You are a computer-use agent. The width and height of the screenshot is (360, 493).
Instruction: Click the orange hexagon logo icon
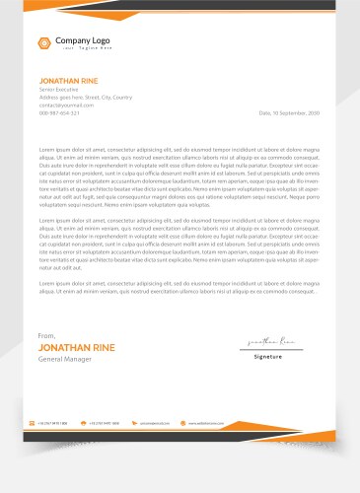(44, 41)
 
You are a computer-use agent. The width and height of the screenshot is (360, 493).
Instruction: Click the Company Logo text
(82, 39)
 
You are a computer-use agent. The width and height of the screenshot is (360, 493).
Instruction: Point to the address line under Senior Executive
(85, 97)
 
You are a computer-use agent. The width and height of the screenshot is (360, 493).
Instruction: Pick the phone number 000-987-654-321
(60, 112)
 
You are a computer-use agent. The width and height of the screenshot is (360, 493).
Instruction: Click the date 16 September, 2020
(289, 112)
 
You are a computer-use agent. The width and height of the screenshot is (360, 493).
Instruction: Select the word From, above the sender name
(47, 336)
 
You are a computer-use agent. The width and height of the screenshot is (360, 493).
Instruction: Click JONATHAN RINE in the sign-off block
(75, 348)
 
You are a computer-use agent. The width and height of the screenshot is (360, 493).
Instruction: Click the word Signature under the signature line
(268, 356)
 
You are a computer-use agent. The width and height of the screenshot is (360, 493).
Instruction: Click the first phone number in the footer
(53, 422)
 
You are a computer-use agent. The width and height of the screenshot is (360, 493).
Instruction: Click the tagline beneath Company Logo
(82, 47)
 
